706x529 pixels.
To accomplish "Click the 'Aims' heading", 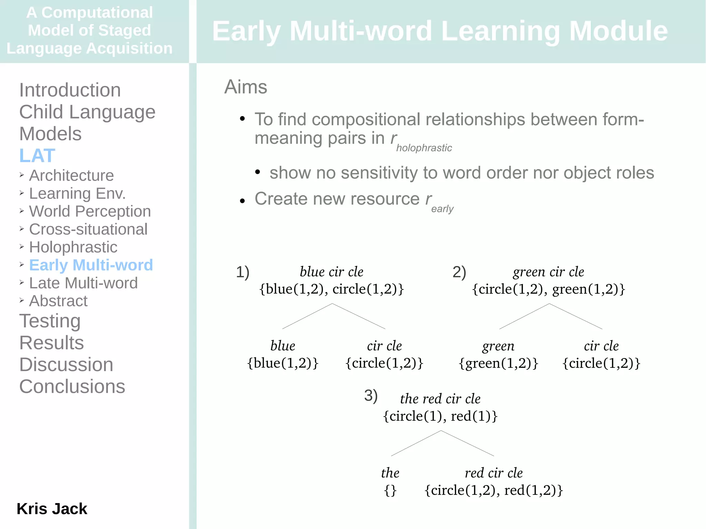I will point(245,87).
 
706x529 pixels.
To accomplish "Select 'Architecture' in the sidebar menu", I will point(71,175).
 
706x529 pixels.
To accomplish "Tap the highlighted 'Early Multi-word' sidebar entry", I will point(91,265).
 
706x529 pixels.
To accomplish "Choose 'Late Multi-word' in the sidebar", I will point(83,283).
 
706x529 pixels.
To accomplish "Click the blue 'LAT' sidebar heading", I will point(37,155).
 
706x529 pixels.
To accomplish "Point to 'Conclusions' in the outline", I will point(72,386).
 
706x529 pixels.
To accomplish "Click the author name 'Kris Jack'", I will point(52,509).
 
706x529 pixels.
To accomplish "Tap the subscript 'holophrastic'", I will point(424,148).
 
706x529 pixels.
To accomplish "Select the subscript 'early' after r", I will point(442,209).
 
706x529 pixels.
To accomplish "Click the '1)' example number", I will point(242,272).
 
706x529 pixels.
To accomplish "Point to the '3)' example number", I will point(371,395).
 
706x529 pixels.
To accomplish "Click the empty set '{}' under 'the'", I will point(390,490).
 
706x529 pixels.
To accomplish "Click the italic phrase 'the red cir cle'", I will point(440,399).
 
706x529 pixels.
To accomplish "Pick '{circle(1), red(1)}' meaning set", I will point(440,416).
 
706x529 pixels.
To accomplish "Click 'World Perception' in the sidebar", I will point(90,211).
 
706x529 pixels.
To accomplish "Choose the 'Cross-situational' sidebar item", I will point(88,229).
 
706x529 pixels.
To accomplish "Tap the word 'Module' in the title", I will point(618,31).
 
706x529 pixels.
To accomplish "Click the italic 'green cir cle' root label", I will point(548,272).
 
